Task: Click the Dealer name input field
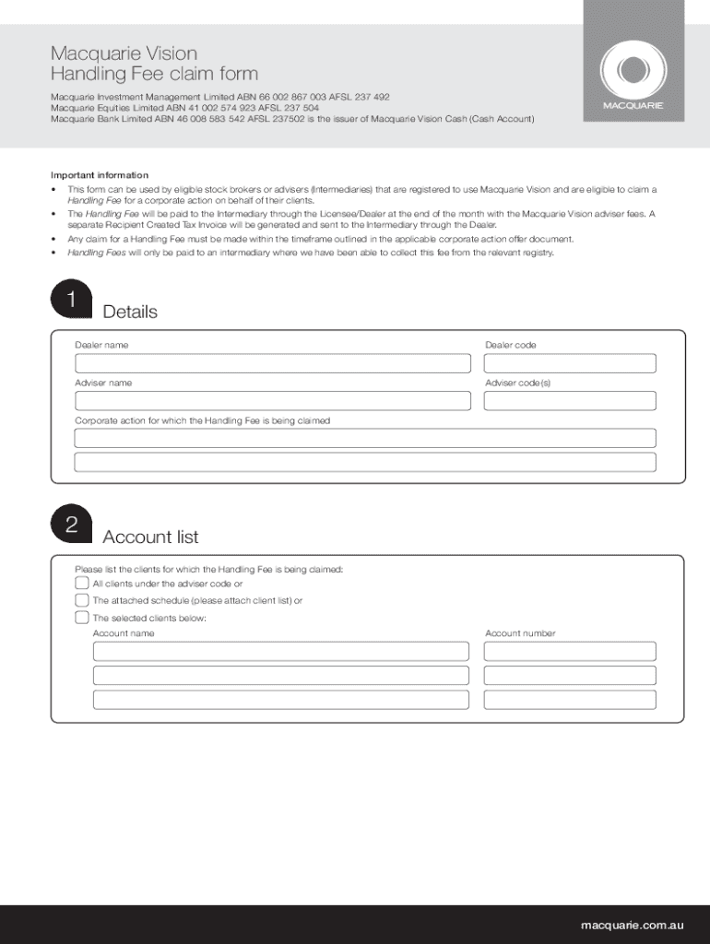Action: tap(273, 363)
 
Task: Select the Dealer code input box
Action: tap(570, 363)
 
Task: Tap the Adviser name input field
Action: tap(273, 401)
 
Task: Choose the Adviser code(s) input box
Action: tap(570, 401)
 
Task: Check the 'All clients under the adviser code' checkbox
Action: tap(82, 584)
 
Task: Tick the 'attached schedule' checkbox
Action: tap(82, 600)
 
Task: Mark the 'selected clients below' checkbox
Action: tap(82, 618)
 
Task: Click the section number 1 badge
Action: tap(72, 301)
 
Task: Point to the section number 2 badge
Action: tap(72, 525)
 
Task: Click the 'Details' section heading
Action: tap(130, 312)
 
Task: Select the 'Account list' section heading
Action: tap(150, 537)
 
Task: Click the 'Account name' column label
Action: tap(124, 633)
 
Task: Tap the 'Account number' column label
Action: tap(520, 633)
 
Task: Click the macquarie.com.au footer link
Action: tap(632, 925)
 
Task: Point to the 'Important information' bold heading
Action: tap(99, 175)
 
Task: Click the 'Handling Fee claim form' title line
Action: tap(154, 74)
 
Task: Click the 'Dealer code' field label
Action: tap(510, 345)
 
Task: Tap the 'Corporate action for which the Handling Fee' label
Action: tap(202, 420)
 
